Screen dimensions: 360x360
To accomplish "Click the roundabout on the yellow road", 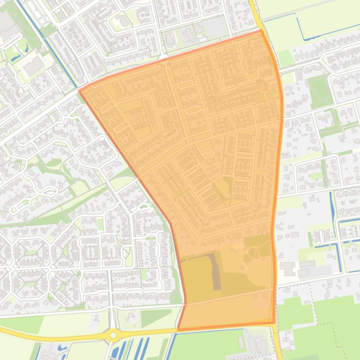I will pos(113,335).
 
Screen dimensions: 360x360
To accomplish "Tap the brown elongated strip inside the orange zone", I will pos(216,272).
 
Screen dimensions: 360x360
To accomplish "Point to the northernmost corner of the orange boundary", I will pos(260,31).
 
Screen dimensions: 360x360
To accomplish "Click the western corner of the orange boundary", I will pos(79,91).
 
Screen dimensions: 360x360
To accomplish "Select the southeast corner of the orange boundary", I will pos(274,323).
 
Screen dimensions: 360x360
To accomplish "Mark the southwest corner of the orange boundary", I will pos(178,330).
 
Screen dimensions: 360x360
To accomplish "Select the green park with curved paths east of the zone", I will pos(320,91).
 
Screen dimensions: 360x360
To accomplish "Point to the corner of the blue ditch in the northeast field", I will pos(301,38).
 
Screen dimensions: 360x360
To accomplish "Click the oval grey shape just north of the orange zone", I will pos(169,41).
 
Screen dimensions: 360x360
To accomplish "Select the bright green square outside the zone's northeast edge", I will pos(286,59).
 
